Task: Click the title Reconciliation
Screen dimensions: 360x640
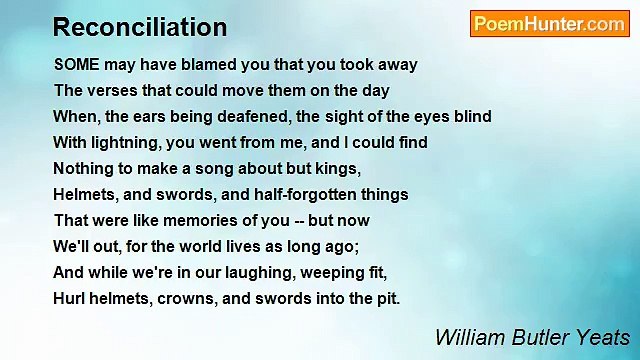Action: click(x=140, y=27)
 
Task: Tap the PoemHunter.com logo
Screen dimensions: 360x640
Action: click(x=549, y=24)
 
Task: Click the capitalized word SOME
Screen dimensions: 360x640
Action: click(x=77, y=64)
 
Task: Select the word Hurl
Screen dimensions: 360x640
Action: click(x=69, y=298)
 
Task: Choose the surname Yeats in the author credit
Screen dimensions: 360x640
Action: click(x=601, y=337)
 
